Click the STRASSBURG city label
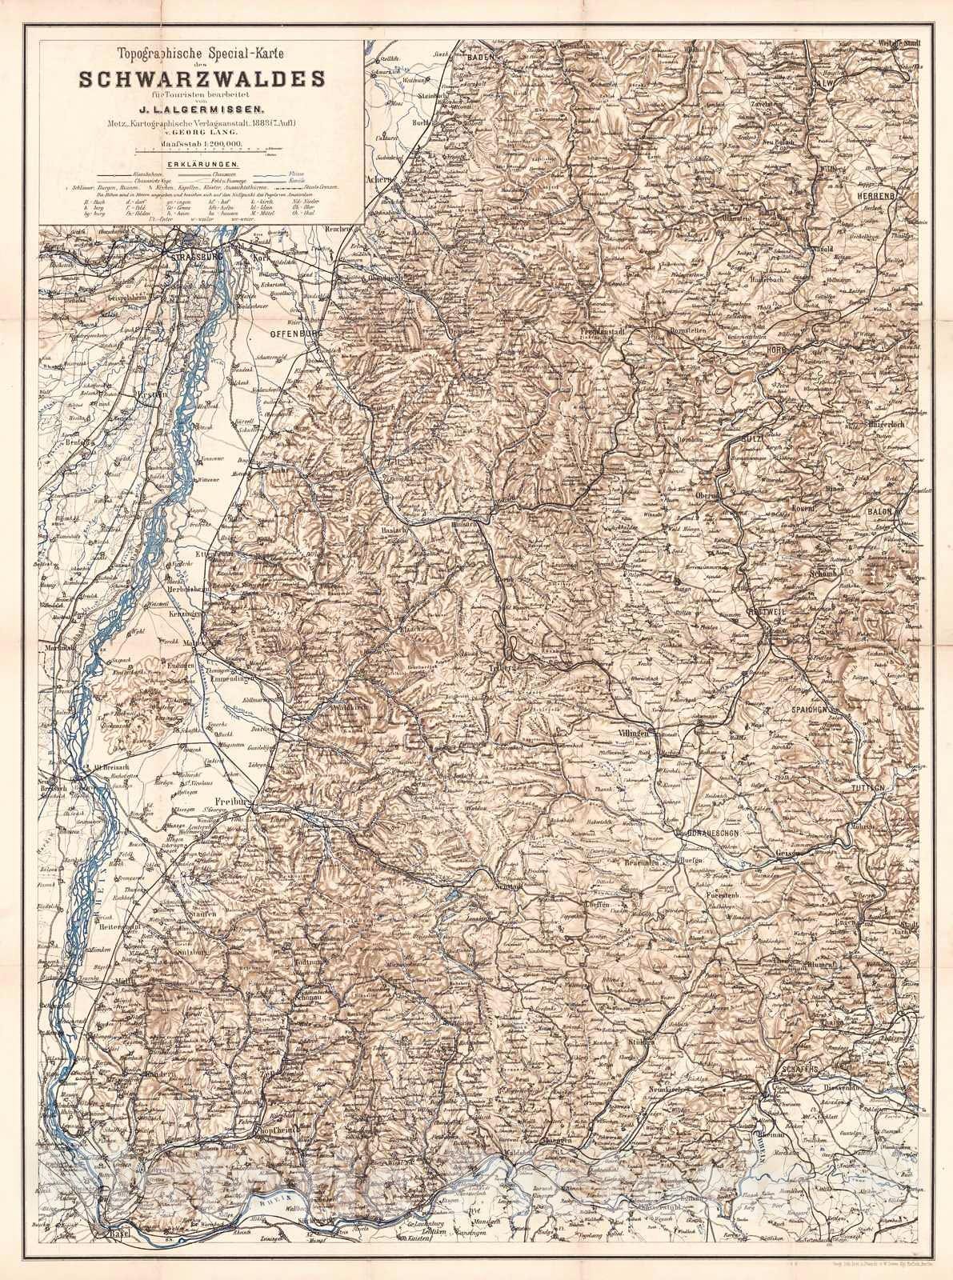pos(196,257)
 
